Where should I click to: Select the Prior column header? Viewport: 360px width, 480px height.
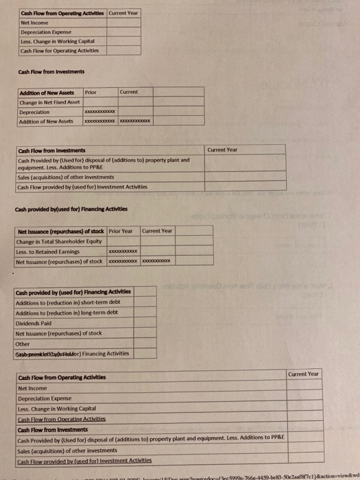tap(91, 92)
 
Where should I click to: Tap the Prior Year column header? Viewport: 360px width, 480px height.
tap(121, 231)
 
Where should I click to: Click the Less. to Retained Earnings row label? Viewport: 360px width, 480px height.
tap(47, 252)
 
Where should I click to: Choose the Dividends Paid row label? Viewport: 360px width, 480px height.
tap(33, 322)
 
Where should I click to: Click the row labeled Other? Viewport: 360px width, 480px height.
tap(23, 344)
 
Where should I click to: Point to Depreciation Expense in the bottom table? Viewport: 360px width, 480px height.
tap(45, 398)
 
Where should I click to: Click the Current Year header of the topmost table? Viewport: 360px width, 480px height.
tap(123, 13)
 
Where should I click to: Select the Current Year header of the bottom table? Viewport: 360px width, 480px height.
tap(304, 374)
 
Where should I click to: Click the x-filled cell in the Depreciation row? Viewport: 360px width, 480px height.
tap(99, 112)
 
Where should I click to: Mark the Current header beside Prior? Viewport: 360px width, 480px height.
tap(129, 92)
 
